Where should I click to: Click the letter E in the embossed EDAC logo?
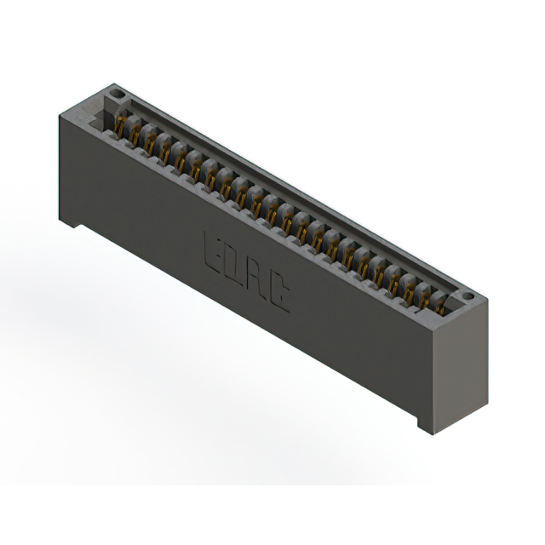[213, 253]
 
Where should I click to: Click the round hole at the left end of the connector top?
[116, 94]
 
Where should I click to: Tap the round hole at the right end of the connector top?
[468, 296]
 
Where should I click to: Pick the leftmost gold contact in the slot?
[120, 123]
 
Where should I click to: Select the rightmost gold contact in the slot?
[440, 308]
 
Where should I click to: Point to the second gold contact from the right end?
[424, 301]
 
